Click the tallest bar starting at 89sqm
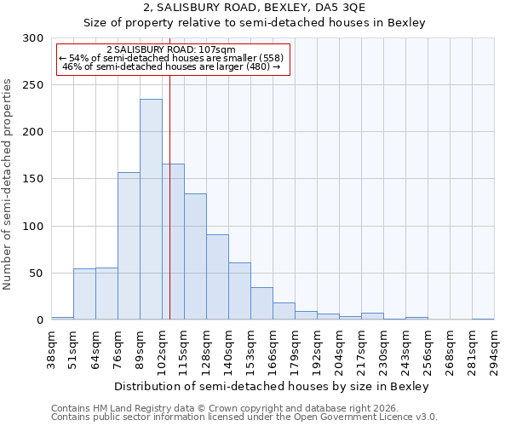151,210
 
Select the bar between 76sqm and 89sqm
129,246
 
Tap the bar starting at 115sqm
195,256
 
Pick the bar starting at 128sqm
217,277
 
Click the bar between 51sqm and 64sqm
84,294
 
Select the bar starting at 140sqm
239,291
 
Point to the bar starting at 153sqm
261,303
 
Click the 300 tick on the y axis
33,38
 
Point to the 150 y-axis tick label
33,179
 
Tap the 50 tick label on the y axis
37,273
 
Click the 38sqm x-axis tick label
51,349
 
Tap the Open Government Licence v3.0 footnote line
244,417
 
